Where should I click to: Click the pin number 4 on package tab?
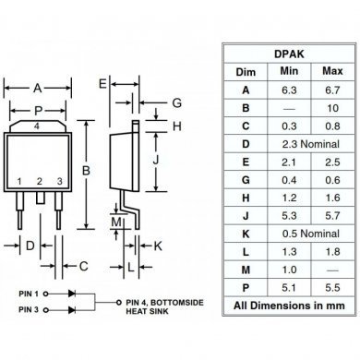(x=36, y=125)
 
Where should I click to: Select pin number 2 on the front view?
(x=40, y=181)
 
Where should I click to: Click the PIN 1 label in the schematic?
(x=31, y=293)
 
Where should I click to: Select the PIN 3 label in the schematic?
(x=31, y=312)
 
